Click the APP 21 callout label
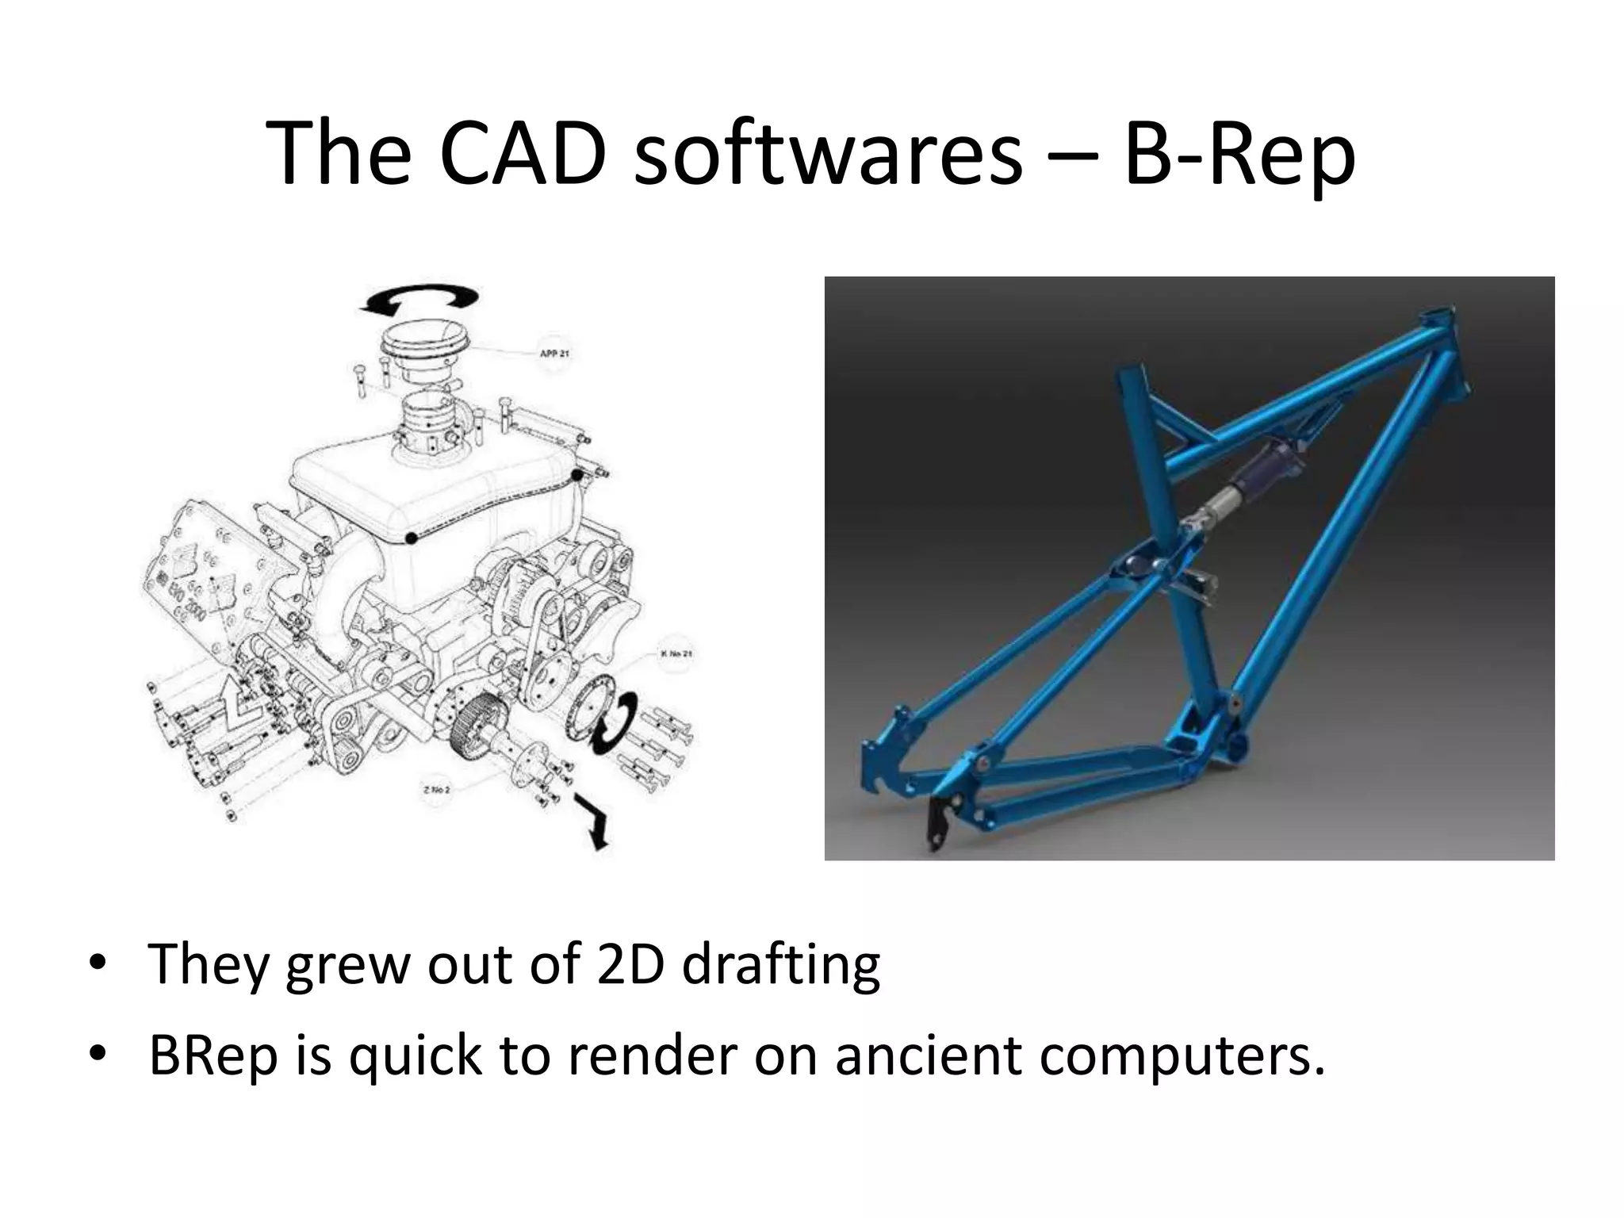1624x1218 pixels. click(553, 353)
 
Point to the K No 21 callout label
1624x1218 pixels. click(676, 654)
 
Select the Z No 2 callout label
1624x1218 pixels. click(436, 790)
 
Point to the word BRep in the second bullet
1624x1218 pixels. click(213, 1056)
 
